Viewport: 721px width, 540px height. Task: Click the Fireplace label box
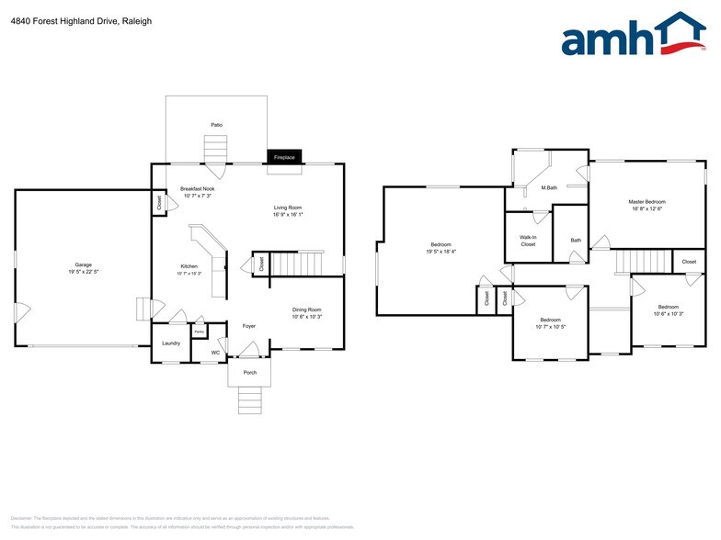point(284,157)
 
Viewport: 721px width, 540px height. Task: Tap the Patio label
point(217,124)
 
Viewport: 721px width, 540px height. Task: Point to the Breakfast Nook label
point(198,188)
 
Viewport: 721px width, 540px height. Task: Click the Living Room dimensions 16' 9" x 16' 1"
point(287,215)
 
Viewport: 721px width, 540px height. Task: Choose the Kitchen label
point(189,267)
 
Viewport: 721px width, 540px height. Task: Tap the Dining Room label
point(306,309)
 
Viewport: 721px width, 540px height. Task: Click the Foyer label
point(248,326)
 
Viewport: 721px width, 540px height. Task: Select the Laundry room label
point(171,343)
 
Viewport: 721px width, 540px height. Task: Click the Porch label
point(249,372)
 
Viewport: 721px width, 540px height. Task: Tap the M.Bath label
point(549,188)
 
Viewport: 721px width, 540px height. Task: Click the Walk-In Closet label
point(528,241)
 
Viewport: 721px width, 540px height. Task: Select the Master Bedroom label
point(647,201)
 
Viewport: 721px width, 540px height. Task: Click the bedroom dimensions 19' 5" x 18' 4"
point(441,252)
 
